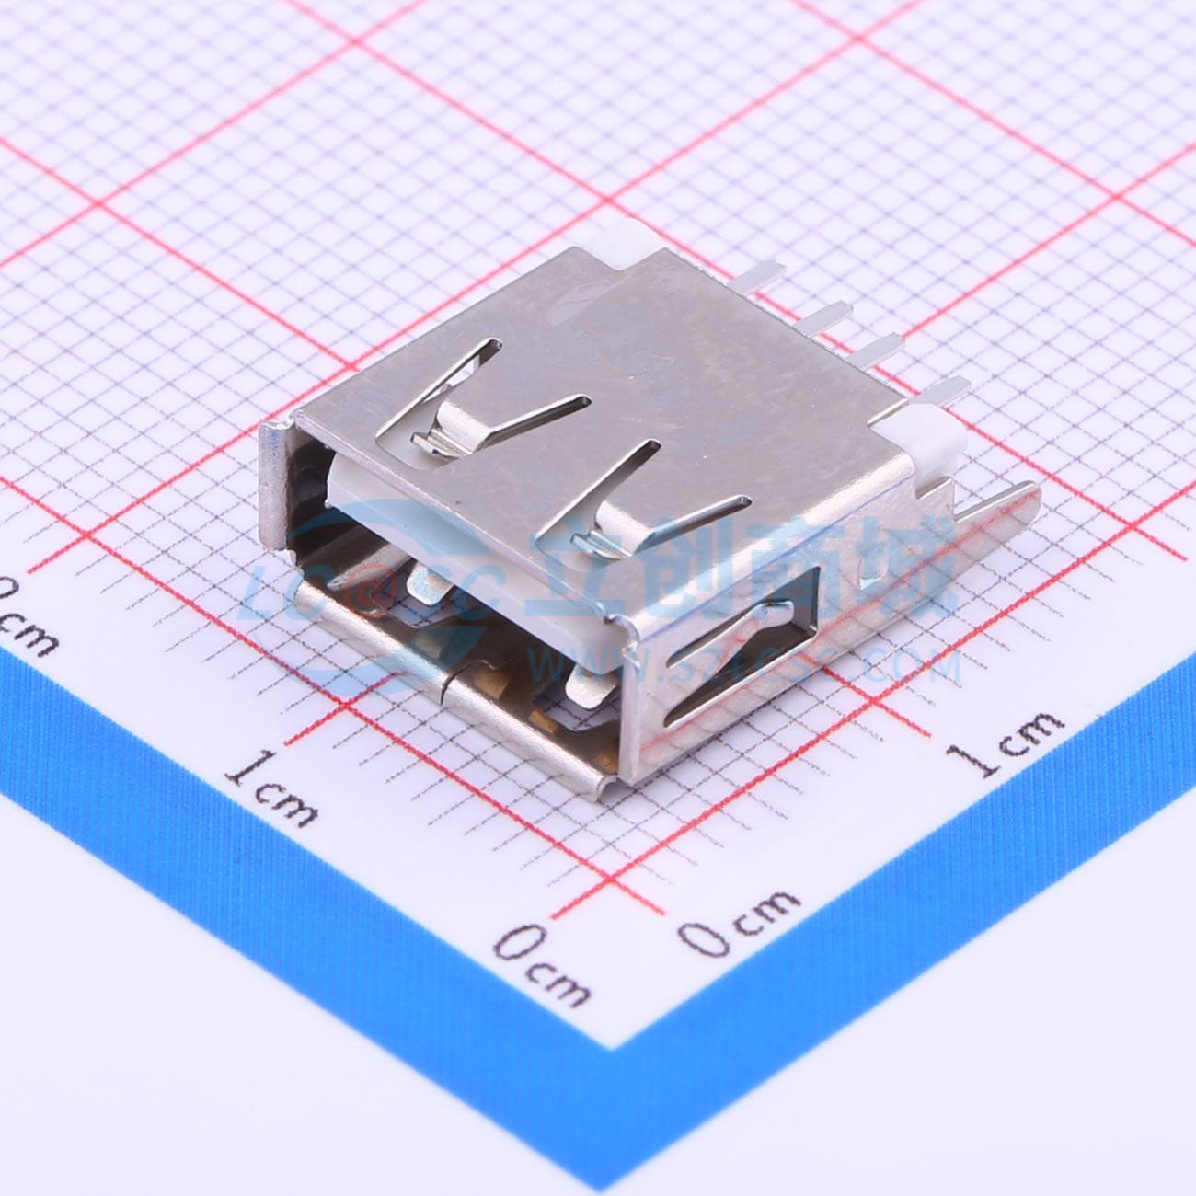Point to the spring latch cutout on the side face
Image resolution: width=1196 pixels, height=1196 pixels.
click(x=736, y=662)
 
